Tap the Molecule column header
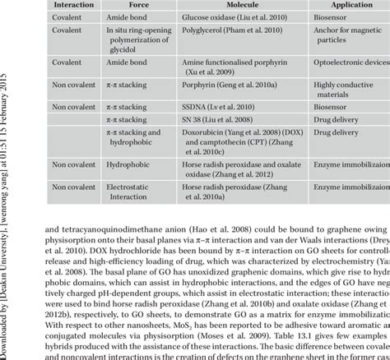[245, 4]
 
